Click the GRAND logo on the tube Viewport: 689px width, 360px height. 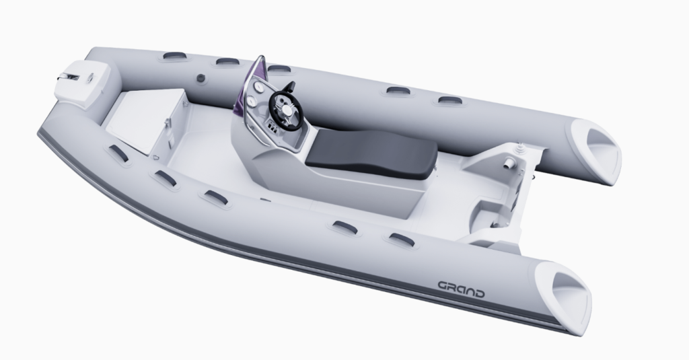tap(462, 289)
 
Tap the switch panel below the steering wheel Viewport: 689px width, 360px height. tap(272, 128)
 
